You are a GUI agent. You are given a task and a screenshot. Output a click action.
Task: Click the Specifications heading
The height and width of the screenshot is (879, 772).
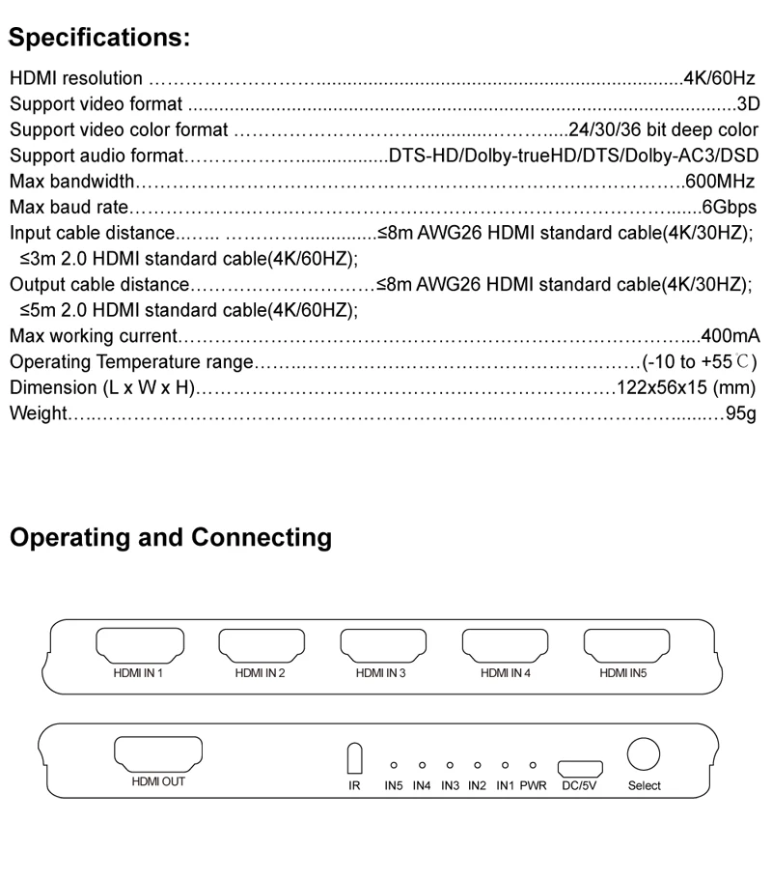99,40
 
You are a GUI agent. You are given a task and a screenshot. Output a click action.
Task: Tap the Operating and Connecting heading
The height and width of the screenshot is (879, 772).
170,537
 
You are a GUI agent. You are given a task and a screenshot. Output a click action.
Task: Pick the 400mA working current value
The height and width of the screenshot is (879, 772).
731,336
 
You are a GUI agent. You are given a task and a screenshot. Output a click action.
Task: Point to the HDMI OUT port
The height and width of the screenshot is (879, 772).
158,752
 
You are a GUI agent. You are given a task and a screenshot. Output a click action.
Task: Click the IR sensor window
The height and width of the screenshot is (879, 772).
354,758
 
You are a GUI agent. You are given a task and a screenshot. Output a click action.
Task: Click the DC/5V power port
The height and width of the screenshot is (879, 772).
581,768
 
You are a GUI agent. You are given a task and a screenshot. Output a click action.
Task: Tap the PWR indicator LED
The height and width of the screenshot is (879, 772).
533,765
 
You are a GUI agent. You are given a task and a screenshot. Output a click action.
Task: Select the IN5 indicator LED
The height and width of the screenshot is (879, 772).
394,765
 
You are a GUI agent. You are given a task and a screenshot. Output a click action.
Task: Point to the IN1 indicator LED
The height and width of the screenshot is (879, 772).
505,765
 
